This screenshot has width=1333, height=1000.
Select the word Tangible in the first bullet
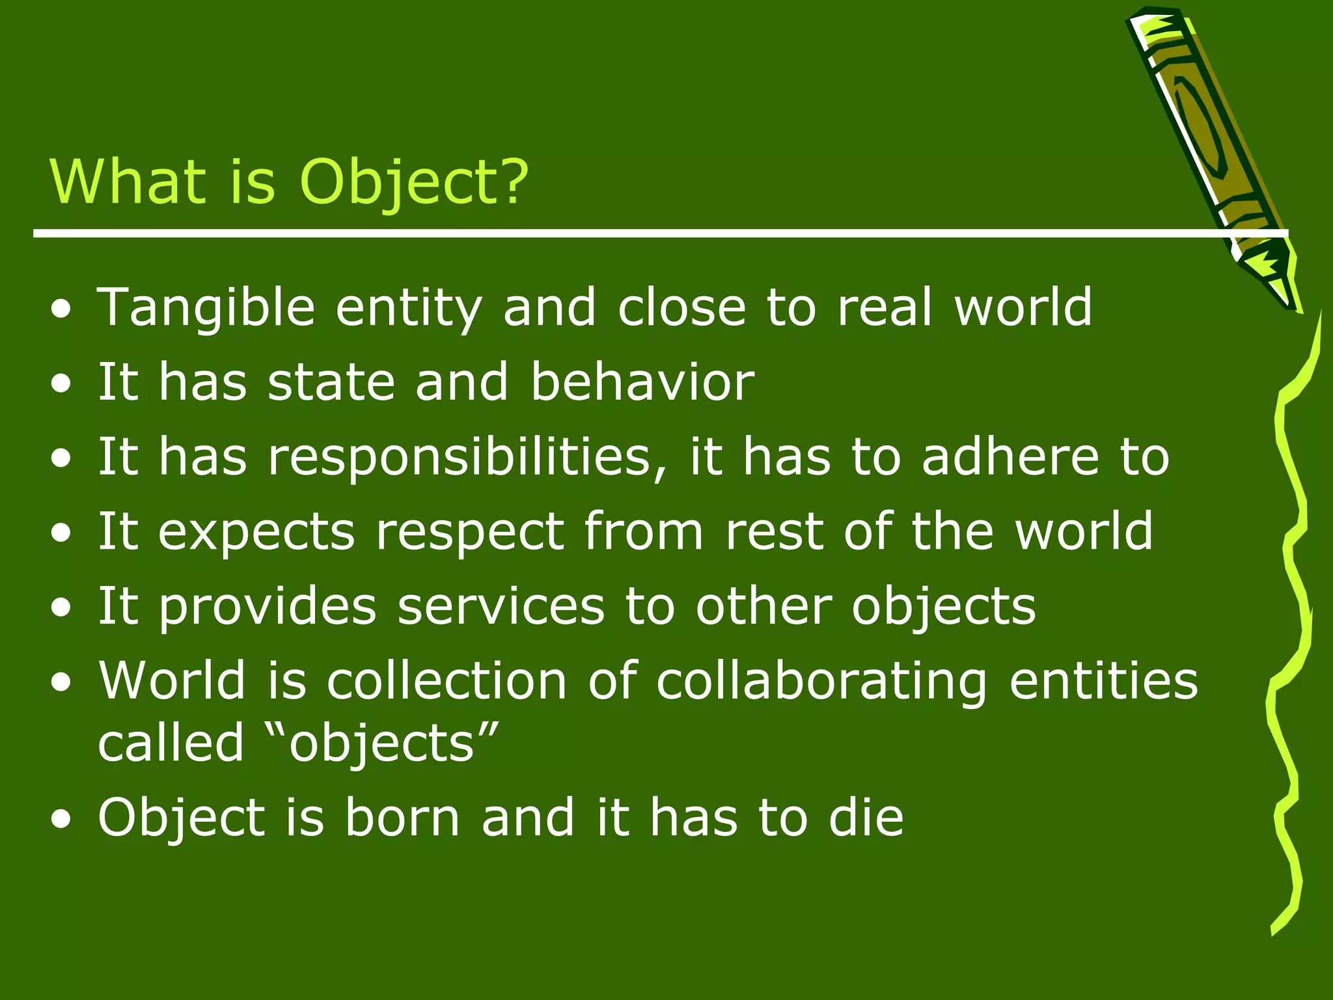206,307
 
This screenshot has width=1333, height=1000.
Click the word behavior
642,382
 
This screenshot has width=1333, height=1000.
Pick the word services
501,606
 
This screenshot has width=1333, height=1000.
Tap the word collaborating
822,681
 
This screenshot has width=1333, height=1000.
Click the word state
331,382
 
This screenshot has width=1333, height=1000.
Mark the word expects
256,533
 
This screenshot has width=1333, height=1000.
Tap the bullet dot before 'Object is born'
61,819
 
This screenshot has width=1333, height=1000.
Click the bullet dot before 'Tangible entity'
61,309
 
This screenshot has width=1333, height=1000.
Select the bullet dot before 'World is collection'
61,682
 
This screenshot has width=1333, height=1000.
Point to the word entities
1103,681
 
